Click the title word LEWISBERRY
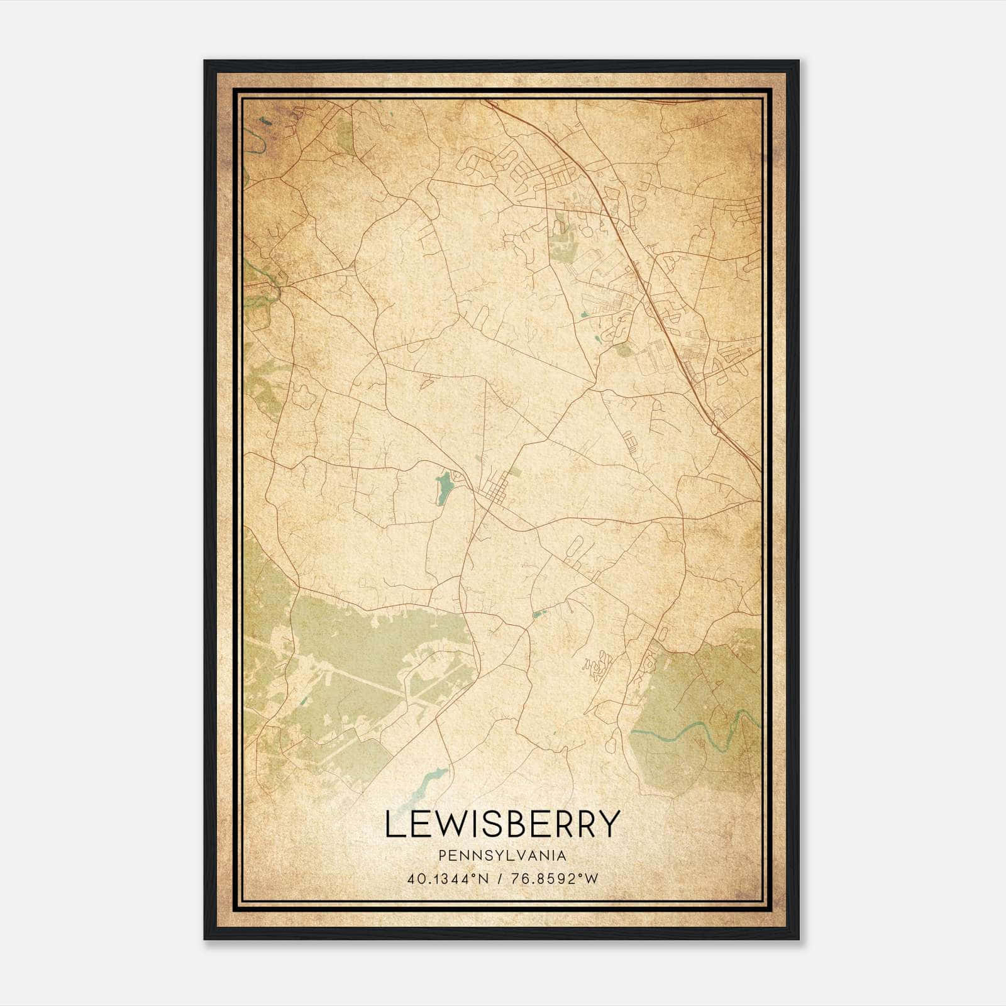click(x=502, y=824)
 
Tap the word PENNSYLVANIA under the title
click(x=502, y=856)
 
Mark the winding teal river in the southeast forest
click(x=692, y=729)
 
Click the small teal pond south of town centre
click(x=536, y=614)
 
